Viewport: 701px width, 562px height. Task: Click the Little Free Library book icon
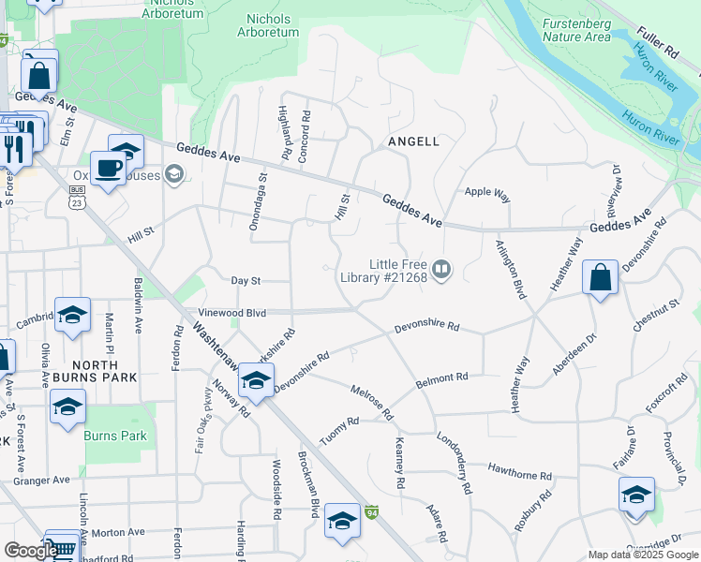click(442, 271)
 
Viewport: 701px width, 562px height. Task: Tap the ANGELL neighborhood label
click(413, 141)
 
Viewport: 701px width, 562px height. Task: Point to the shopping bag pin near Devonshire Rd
click(600, 278)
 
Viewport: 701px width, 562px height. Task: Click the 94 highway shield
click(372, 512)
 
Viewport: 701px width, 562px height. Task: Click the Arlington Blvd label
click(510, 269)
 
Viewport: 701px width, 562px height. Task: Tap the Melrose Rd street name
click(370, 402)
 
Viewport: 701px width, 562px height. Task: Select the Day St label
click(245, 280)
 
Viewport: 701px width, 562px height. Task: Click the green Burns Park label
click(115, 436)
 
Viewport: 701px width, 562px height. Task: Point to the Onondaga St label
click(253, 200)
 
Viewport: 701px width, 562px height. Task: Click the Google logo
click(30, 551)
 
